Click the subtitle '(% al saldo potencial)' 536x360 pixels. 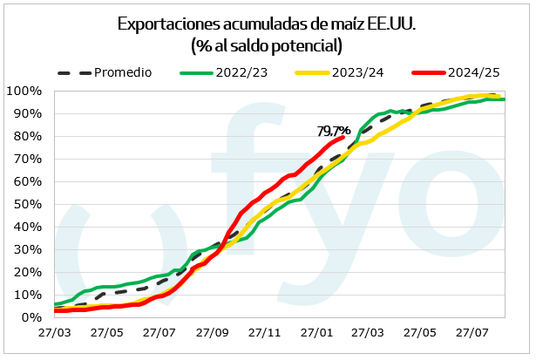pyautogui.click(x=267, y=44)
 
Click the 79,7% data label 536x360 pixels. pyautogui.click(x=333, y=131)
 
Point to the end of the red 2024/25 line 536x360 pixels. pyautogui.click(x=343, y=137)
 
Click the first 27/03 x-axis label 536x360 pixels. pyautogui.click(x=55, y=332)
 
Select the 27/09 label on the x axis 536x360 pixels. pyautogui.click(x=212, y=332)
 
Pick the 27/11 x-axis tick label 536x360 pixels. pyautogui.click(x=264, y=332)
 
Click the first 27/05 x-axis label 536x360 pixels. pyautogui.click(x=107, y=332)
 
